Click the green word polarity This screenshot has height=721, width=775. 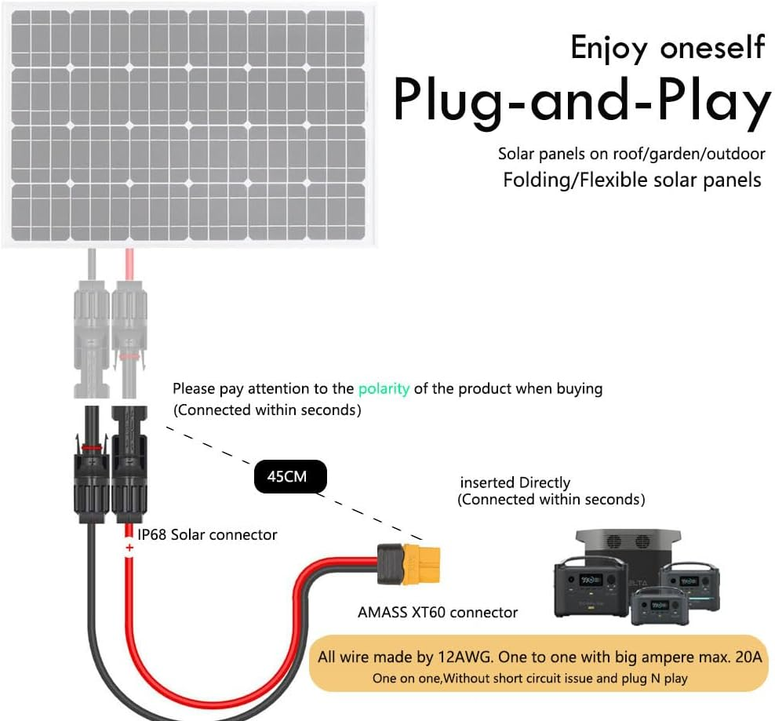click(x=384, y=388)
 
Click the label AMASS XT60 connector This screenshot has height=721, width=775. click(x=438, y=612)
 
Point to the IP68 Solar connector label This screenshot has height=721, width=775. click(x=206, y=534)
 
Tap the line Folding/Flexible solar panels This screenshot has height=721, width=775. click(x=631, y=180)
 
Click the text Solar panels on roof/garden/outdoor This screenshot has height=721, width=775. click(x=631, y=154)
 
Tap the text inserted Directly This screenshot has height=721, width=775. click(x=515, y=482)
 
